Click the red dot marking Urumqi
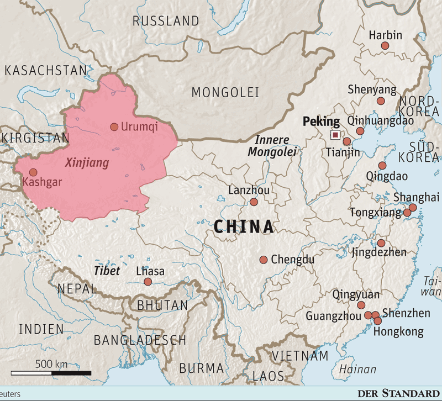pos(114,127)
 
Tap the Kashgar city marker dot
pos(33,172)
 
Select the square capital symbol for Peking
pos(335,135)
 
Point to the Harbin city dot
pos(385,46)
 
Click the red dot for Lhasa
pos(148,282)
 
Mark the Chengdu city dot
pos(264,260)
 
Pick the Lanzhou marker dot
pos(254,202)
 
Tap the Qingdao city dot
pos(382,166)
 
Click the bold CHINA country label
pos(244,226)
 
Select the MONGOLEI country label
pos(225,92)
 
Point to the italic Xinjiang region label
pos(87,163)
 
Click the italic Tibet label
pos(107,271)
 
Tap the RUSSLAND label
pos(166,22)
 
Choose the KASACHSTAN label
pos(45,70)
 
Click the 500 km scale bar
pos(51,373)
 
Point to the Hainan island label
pos(357,370)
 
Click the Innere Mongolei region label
pos(272,146)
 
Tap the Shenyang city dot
pos(381,101)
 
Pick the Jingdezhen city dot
pos(381,243)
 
